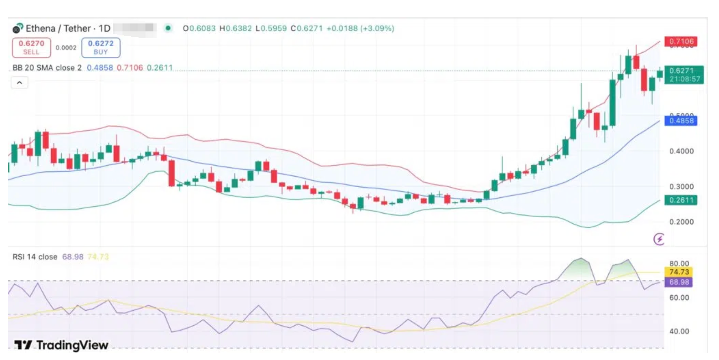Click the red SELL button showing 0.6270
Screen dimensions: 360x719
point(31,47)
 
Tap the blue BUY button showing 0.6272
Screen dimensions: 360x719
point(101,47)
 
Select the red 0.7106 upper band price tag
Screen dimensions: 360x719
point(681,41)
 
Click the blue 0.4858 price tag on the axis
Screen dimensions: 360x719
point(681,121)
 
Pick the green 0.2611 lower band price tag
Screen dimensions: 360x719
point(681,200)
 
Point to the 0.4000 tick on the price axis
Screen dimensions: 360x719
point(681,151)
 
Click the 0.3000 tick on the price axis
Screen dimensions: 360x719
point(681,186)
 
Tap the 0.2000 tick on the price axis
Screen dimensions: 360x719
point(681,222)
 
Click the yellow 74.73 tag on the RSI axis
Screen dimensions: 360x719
point(679,272)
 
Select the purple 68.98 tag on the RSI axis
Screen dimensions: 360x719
point(679,282)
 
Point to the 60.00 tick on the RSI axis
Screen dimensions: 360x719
point(679,297)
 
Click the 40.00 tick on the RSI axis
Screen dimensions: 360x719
point(679,331)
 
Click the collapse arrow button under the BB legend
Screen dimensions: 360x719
point(20,82)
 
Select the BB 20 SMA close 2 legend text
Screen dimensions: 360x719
point(47,68)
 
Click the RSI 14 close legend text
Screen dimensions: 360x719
point(35,257)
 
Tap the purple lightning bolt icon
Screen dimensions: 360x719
point(659,239)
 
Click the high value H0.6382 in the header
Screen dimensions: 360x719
point(235,28)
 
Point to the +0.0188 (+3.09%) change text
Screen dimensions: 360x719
point(360,28)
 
